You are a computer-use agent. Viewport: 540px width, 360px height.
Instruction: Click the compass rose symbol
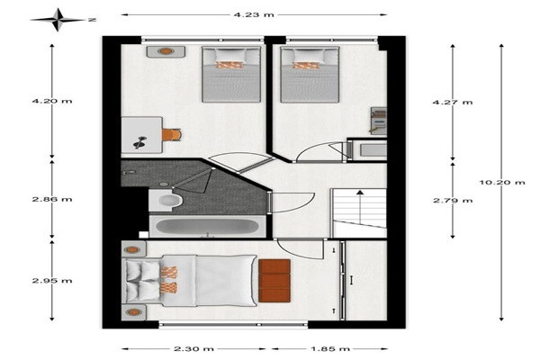click(58, 20)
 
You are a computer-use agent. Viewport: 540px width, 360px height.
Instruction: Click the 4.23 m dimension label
click(254, 14)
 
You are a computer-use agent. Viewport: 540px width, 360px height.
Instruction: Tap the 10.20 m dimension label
click(502, 182)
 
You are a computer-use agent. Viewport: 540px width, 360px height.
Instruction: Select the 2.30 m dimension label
click(193, 348)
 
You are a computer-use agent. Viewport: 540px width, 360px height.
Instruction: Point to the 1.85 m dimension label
click(330, 348)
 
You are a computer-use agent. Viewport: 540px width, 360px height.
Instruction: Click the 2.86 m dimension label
click(52, 199)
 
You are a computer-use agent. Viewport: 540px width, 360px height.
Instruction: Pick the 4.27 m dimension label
click(453, 103)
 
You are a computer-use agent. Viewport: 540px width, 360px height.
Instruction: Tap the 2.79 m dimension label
click(453, 201)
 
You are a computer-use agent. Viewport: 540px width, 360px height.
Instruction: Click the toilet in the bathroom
click(166, 200)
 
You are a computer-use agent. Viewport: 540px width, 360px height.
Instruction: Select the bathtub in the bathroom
click(207, 227)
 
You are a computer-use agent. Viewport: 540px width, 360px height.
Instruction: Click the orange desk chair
click(171, 135)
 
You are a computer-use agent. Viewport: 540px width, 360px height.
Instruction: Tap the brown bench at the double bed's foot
click(274, 281)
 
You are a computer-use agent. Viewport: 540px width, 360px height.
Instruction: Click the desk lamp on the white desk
click(139, 142)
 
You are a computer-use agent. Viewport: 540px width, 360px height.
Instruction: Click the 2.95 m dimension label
click(52, 281)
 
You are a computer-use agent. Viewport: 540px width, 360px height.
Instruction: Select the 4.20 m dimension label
click(52, 101)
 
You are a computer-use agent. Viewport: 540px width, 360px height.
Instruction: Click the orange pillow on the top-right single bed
click(306, 65)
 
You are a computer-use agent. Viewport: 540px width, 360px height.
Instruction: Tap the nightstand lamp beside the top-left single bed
click(166, 51)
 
